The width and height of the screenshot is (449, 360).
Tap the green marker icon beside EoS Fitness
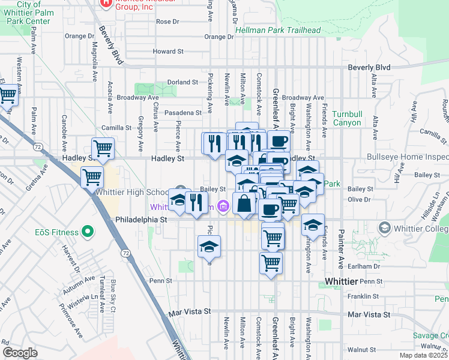(88, 231)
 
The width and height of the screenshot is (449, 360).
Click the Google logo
(20, 353)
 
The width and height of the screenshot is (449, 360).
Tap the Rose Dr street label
(167, 22)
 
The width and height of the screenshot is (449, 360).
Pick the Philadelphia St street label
(142, 220)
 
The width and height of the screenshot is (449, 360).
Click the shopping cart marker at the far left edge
(7, 95)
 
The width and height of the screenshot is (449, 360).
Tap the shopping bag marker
(244, 204)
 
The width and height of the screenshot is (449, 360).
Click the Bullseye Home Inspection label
(408, 158)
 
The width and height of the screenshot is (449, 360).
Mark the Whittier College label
(421, 228)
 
